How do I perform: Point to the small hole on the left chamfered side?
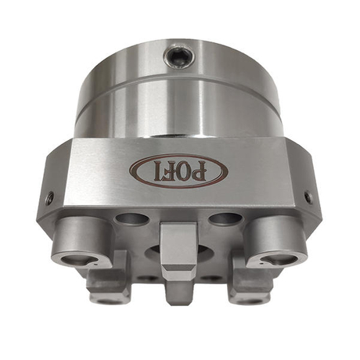coord(49,198)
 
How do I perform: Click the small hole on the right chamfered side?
coord(308,197)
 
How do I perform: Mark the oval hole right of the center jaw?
coord(225,219)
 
